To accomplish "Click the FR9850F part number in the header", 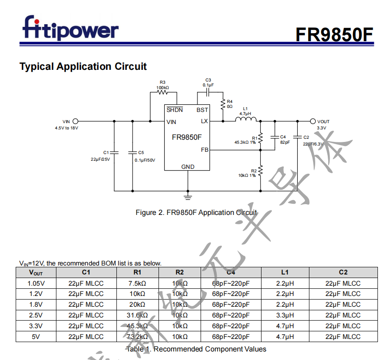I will coord(334,34).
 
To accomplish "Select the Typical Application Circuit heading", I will coord(83,67).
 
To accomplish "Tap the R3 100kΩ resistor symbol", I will coord(163,93).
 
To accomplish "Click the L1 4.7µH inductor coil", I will coord(246,120).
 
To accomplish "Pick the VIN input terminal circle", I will coord(75,121).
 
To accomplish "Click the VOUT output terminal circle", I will coord(313,121).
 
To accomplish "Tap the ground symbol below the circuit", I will coord(188,196).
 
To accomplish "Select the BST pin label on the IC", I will coord(202,110).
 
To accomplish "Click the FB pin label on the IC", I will coord(204,150).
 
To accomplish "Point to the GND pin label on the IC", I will coord(188,167).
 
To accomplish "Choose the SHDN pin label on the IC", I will coord(175,110).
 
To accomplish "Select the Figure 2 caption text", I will coord(196,213).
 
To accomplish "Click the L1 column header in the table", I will coord(285,272).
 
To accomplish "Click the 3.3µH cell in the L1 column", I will coord(285,315).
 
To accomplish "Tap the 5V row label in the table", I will coord(36,337).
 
